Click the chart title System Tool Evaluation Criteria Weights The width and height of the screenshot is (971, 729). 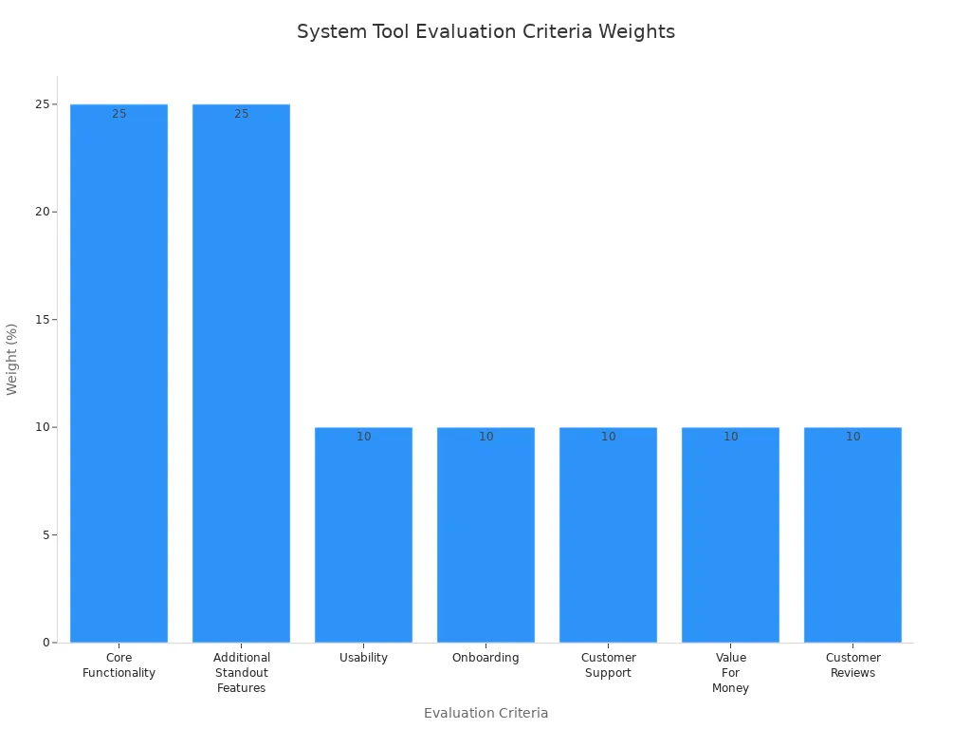(485, 31)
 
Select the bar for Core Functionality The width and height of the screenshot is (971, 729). (119, 380)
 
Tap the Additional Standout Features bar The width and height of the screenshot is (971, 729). (241, 380)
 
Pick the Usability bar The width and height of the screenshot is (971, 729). (363, 536)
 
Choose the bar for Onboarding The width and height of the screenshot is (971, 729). (485, 536)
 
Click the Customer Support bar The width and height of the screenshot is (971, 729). (608, 536)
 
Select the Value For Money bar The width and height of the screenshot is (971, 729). (730, 536)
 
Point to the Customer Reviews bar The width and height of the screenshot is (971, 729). (852, 536)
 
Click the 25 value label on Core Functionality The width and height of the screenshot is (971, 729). (119, 114)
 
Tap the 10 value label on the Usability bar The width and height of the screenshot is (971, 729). (363, 437)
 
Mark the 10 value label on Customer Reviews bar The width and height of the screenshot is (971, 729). (852, 437)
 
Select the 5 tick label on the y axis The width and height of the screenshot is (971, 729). (46, 535)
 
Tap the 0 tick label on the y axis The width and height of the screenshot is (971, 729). (46, 643)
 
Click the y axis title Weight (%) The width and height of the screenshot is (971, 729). (12, 359)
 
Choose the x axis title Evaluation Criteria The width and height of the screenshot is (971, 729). (485, 713)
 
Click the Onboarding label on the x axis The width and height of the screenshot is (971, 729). (485, 658)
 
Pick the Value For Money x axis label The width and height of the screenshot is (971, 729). (730, 672)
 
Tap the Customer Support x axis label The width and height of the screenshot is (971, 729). (608, 665)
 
